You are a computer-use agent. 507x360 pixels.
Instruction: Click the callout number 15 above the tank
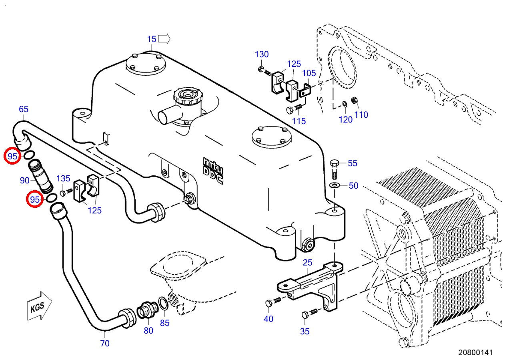(152, 39)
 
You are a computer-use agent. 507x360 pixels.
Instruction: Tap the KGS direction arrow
(39, 306)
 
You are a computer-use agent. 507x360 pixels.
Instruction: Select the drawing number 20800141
(475, 352)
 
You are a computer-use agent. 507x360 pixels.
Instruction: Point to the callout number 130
(262, 54)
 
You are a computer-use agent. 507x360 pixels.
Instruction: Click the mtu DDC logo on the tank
(213, 171)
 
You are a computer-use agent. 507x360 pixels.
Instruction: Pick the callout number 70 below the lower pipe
(105, 344)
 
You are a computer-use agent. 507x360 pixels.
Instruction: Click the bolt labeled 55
(335, 169)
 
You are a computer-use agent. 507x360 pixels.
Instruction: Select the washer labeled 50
(334, 185)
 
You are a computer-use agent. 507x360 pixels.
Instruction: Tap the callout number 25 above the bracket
(307, 263)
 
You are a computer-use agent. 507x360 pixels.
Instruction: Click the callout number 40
(269, 319)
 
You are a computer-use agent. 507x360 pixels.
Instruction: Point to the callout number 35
(305, 332)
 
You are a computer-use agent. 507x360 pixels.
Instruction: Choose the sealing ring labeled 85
(163, 304)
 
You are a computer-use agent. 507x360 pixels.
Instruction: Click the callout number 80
(148, 330)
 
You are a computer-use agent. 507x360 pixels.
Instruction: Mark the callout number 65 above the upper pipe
(24, 109)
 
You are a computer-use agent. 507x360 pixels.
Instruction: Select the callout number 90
(25, 181)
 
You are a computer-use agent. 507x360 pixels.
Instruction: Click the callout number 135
(63, 179)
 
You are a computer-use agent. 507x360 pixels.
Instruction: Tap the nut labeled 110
(354, 100)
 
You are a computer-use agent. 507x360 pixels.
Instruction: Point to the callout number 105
(309, 73)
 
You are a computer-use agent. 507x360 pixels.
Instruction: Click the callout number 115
(299, 121)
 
